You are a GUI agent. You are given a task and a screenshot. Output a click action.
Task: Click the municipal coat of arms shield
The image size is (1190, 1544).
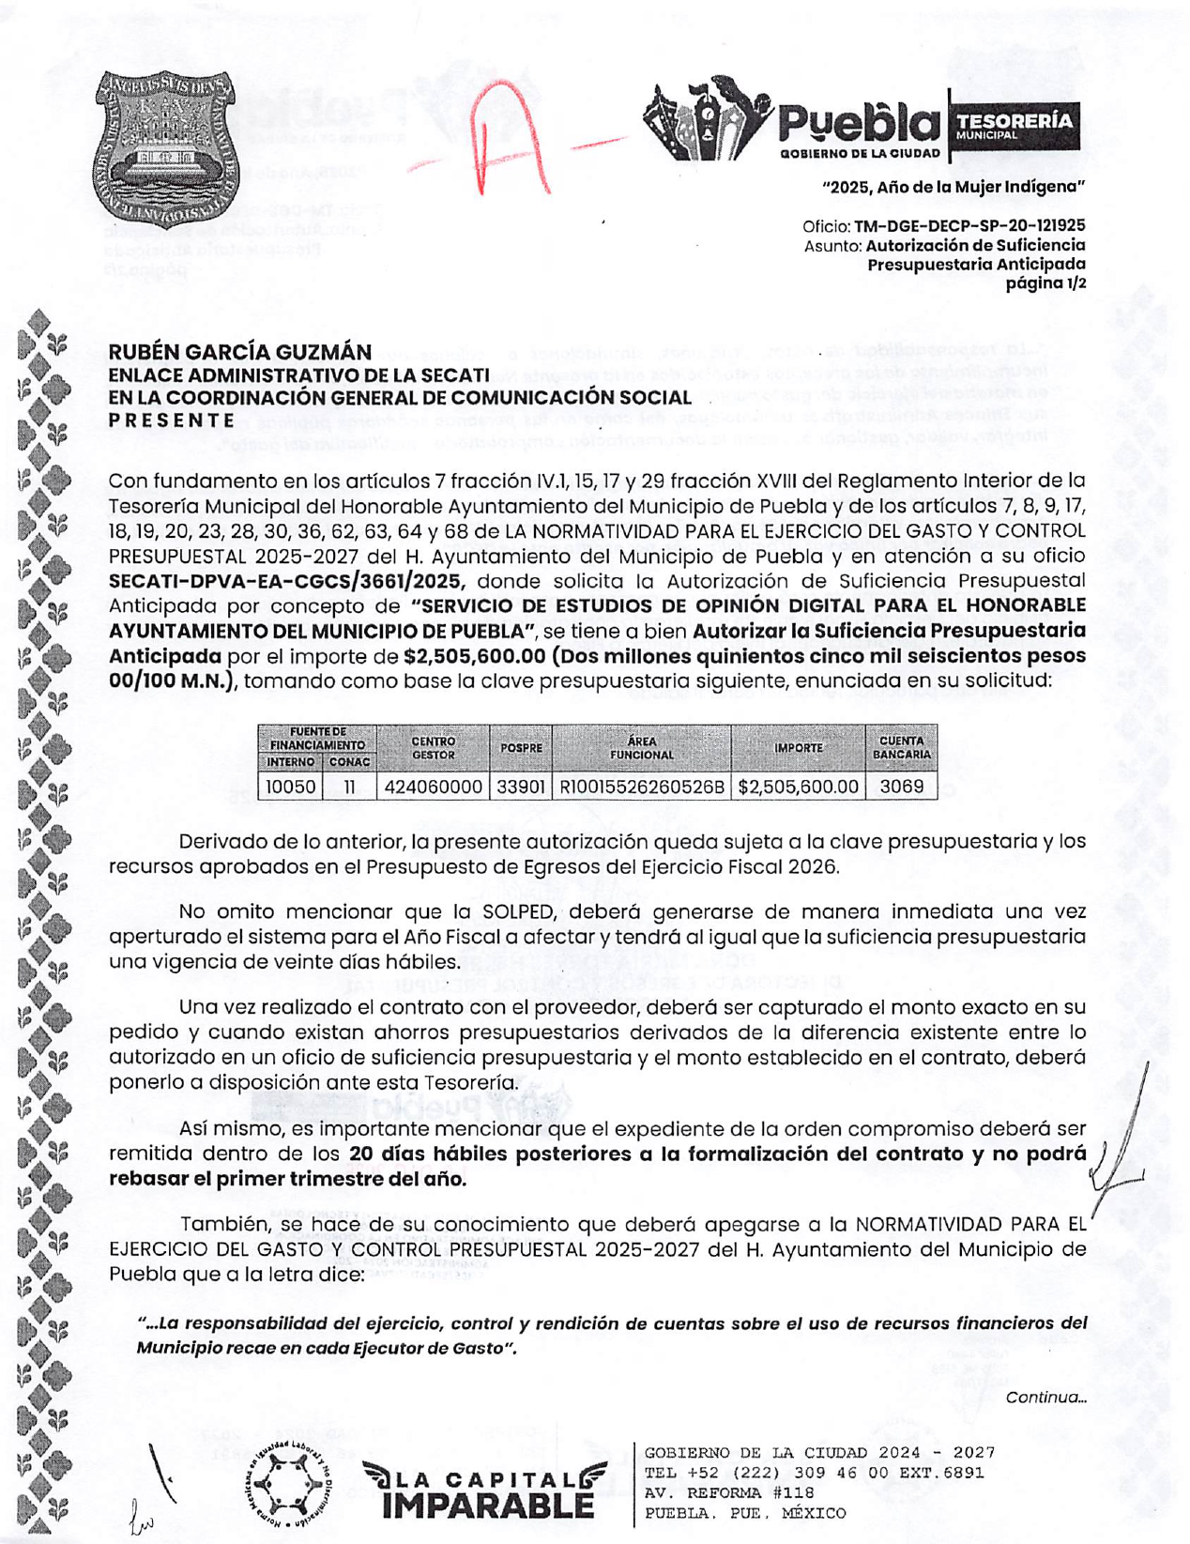(165, 148)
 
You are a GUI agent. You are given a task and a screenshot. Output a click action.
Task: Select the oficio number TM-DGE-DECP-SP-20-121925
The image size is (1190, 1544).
(969, 226)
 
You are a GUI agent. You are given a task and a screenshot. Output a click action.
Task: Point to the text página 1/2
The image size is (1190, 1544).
(1045, 283)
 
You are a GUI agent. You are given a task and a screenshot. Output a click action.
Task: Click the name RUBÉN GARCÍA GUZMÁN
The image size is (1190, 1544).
(240, 352)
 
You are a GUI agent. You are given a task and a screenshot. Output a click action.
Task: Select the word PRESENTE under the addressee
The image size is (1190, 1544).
(172, 420)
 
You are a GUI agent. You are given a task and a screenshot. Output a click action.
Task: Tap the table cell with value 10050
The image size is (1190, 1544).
(290, 787)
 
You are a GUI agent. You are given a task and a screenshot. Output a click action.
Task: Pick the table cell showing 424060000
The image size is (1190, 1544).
(433, 787)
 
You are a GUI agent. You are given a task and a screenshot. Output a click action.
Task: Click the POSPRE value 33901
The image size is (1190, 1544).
(520, 787)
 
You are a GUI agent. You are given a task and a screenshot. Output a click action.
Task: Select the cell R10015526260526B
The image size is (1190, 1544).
(642, 787)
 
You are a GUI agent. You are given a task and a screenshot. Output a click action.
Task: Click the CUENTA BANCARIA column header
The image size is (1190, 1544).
(901, 747)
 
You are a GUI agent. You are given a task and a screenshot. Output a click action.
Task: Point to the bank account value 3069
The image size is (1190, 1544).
(901, 787)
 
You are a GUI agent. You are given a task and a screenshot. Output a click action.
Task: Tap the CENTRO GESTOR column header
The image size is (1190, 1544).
(433, 747)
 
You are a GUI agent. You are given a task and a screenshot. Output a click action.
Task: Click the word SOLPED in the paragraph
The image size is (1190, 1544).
(521, 911)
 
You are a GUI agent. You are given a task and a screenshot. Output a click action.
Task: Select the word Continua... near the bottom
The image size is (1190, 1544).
(1045, 1398)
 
